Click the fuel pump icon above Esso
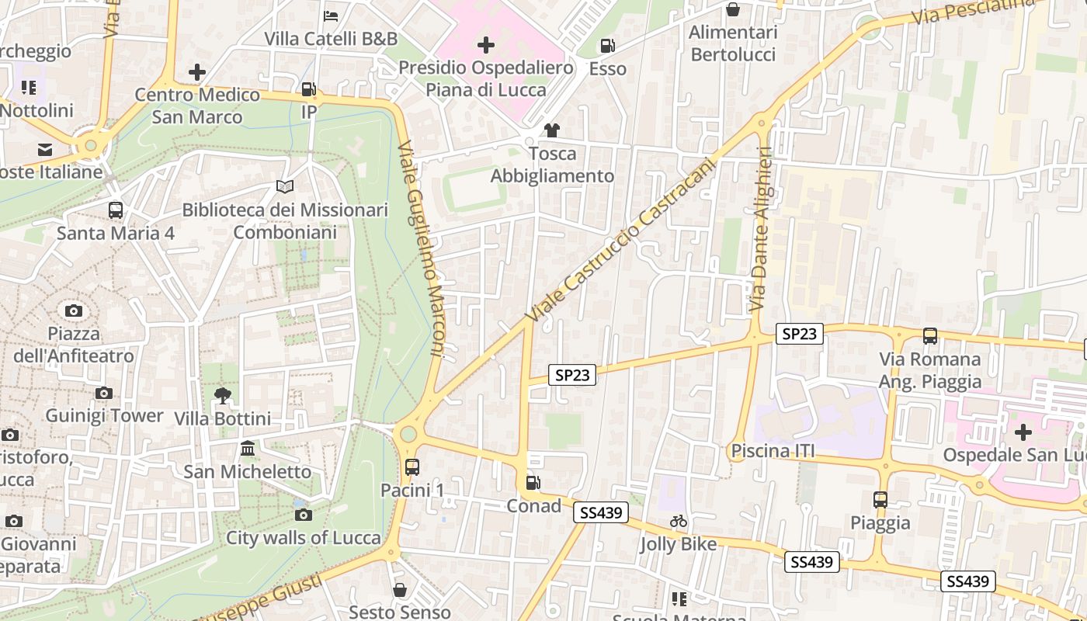(x=608, y=46)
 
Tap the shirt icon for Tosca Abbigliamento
(x=552, y=130)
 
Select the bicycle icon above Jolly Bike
(x=679, y=521)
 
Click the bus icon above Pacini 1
(x=412, y=467)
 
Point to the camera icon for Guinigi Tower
(x=104, y=393)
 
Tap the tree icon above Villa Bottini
(x=223, y=396)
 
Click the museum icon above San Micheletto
(x=248, y=449)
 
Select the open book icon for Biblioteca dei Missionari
(x=285, y=187)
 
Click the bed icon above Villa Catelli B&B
(x=331, y=16)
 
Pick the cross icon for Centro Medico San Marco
(x=197, y=72)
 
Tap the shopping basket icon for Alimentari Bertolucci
(x=733, y=9)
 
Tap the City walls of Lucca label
(x=304, y=538)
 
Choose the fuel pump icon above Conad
(x=533, y=483)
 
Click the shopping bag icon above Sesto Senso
(x=400, y=590)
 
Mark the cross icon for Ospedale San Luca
(x=1023, y=432)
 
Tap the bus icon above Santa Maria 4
(x=116, y=210)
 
